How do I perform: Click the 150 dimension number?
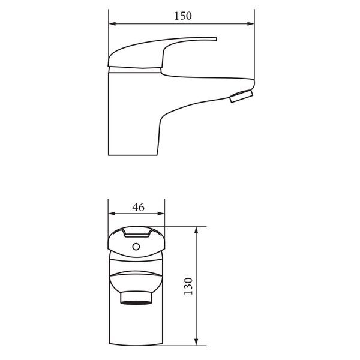pos(183,16)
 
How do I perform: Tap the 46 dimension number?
pos(138,208)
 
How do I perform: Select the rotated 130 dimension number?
pos(188,286)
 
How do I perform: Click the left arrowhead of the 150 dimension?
pos(112,23)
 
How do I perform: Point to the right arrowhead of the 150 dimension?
pos(251,23)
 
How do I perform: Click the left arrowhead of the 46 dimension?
pos(112,214)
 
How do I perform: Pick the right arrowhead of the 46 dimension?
pos(161,214)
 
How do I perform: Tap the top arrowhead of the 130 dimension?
pos(196,230)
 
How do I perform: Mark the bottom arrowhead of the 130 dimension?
pos(196,342)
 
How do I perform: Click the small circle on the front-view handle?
pos(136,247)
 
